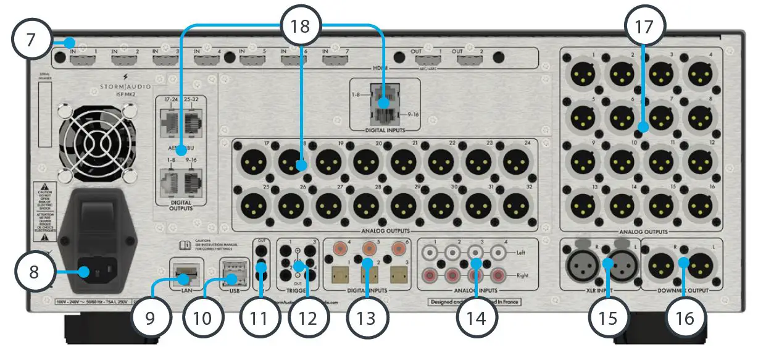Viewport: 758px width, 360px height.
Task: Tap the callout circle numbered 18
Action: pos(301,25)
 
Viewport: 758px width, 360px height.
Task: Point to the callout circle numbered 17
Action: pos(643,25)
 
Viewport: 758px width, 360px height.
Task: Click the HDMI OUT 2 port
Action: pos(471,61)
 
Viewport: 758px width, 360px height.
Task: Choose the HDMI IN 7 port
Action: pos(335,61)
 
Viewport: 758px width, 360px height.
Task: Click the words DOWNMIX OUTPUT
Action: pos(682,289)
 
